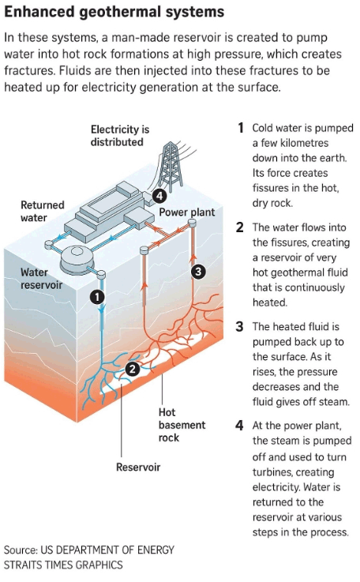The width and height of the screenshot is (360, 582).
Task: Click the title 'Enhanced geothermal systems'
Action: pyautogui.click(x=114, y=12)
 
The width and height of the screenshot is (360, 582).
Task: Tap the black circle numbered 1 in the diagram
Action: pyautogui.click(x=97, y=297)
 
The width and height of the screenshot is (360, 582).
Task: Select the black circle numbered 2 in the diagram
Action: pyautogui.click(x=133, y=369)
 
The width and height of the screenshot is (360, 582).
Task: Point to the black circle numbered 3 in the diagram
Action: pyautogui.click(x=198, y=272)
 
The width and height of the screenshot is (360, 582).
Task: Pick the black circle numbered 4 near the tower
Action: pyautogui.click(x=159, y=195)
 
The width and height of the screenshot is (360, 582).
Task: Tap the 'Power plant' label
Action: pyautogui.click(x=187, y=212)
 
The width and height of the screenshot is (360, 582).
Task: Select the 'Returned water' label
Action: pyautogui.click(x=43, y=211)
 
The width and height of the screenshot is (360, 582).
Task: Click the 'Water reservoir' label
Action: pyautogui.click(x=41, y=279)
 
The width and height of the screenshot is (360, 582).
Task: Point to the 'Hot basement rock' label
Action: pyautogui.click(x=182, y=425)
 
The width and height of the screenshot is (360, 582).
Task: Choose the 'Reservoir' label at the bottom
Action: pyautogui.click(x=138, y=467)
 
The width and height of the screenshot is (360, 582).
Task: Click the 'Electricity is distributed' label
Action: pyautogui.click(x=120, y=136)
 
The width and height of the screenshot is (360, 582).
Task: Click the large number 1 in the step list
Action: pyautogui.click(x=241, y=128)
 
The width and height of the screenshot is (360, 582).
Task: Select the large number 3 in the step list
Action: pyautogui.click(x=239, y=326)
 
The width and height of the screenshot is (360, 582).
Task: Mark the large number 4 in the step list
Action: pyautogui.click(x=239, y=425)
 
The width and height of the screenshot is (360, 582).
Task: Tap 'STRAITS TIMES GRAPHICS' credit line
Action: pyautogui.click(x=63, y=565)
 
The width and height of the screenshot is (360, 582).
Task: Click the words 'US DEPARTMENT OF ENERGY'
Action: pyautogui.click(x=107, y=550)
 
